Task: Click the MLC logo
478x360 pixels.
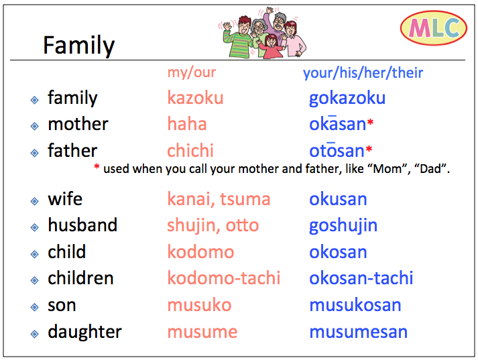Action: pos(433,28)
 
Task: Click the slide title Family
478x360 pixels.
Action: pos(78,45)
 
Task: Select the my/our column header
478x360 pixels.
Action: pos(192,72)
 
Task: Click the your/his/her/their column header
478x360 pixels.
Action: pos(363,72)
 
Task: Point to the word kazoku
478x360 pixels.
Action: pos(195,98)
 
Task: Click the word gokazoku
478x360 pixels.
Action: pos(347,98)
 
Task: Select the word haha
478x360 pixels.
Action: pos(186,124)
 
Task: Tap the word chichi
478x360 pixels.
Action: pos(190,150)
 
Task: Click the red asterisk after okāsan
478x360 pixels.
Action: pos(370,123)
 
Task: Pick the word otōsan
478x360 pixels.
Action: pos(336,151)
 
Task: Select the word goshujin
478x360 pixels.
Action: pos(343,225)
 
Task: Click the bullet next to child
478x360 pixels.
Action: pos(34,253)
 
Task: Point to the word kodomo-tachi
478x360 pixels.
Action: pos(223,278)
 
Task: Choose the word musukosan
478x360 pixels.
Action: pos(355,305)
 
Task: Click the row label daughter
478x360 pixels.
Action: pos(84,332)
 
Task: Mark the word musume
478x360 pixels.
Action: pos(202,332)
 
